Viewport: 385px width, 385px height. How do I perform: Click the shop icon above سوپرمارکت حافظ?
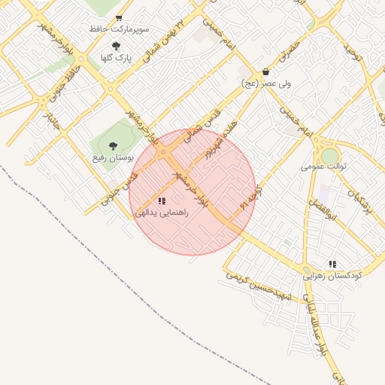(119, 17)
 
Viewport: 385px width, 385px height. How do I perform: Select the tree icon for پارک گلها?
(115, 46)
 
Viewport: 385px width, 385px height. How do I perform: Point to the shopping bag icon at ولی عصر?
(265, 72)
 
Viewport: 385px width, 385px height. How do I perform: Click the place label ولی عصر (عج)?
(266, 83)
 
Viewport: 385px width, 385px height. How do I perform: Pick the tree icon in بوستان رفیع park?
(113, 146)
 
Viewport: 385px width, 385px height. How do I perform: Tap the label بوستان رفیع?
(113, 158)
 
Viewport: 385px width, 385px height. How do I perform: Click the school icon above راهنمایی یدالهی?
(162, 200)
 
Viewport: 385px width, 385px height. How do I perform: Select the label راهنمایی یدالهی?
(162, 213)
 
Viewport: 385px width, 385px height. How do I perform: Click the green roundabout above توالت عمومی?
(329, 154)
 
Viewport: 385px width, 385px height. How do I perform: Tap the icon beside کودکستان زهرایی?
(332, 264)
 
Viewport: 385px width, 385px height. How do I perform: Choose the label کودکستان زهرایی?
(332, 276)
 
